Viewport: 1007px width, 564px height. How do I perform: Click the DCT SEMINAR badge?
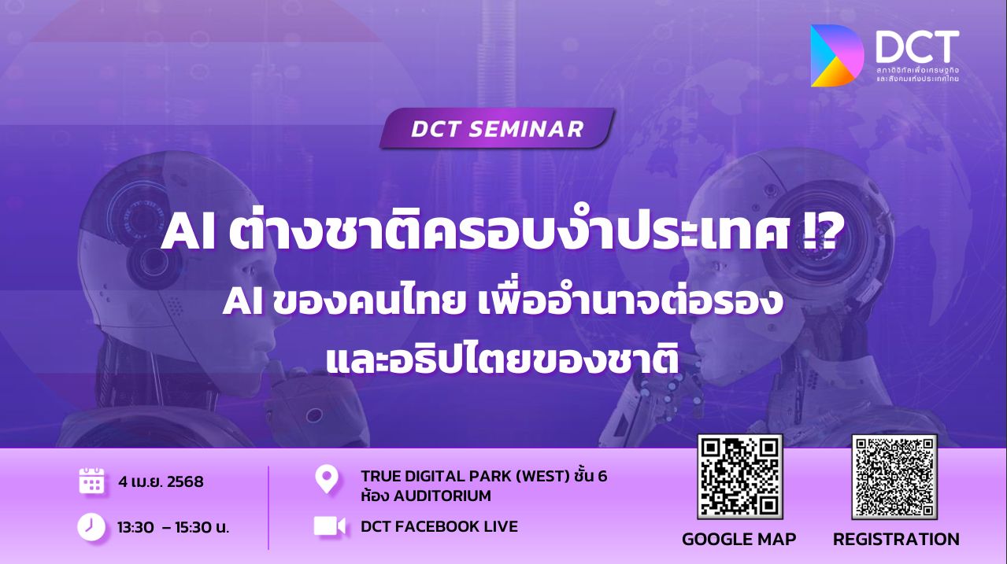coord(497,128)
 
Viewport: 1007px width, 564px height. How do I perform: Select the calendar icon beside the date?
coord(91,481)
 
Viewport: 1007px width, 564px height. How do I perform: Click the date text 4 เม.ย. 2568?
coord(161,481)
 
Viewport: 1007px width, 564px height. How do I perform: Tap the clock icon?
coord(91,526)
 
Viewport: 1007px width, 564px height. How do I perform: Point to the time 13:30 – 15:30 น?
coord(173,527)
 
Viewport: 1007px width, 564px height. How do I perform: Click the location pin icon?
coord(327,479)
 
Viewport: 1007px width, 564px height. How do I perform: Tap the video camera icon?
coord(330,526)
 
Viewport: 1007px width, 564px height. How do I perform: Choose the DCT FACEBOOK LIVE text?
coord(439,526)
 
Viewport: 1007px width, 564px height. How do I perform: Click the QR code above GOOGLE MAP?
coord(739,477)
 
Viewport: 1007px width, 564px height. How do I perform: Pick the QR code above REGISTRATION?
coord(894,477)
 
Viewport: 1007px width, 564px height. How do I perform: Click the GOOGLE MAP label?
coord(739,539)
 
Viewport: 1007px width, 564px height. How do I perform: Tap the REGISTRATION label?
coord(896,539)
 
